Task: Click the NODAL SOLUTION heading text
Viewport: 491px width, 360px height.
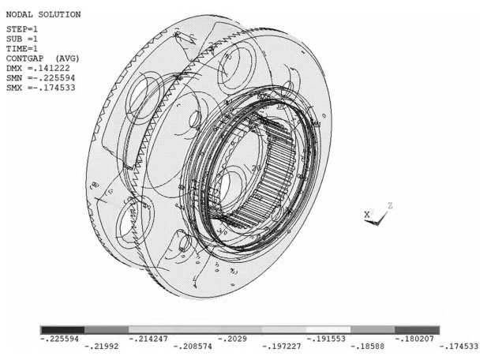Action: (x=43, y=15)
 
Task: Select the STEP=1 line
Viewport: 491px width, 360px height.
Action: (x=22, y=29)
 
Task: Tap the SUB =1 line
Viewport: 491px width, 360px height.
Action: (x=22, y=39)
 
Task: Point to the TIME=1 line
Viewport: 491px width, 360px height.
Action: (x=22, y=48)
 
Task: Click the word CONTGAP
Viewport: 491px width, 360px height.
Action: (x=24, y=58)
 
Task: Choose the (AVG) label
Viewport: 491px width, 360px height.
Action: (x=67, y=58)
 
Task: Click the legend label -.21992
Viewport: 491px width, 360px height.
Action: (x=102, y=347)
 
